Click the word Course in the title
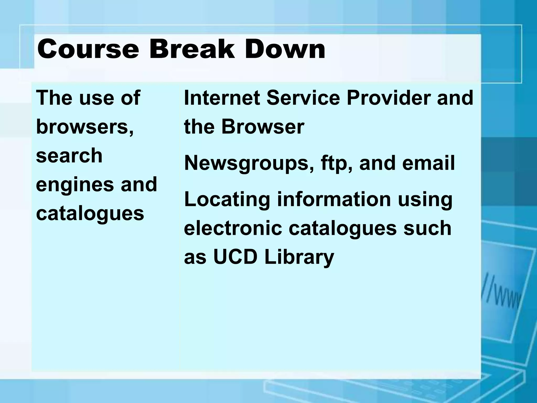(88, 49)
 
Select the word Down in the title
(285, 49)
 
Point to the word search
(69, 156)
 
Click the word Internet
(222, 98)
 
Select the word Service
(303, 98)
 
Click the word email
(428, 163)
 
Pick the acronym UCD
(235, 257)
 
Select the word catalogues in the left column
(90, 214)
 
